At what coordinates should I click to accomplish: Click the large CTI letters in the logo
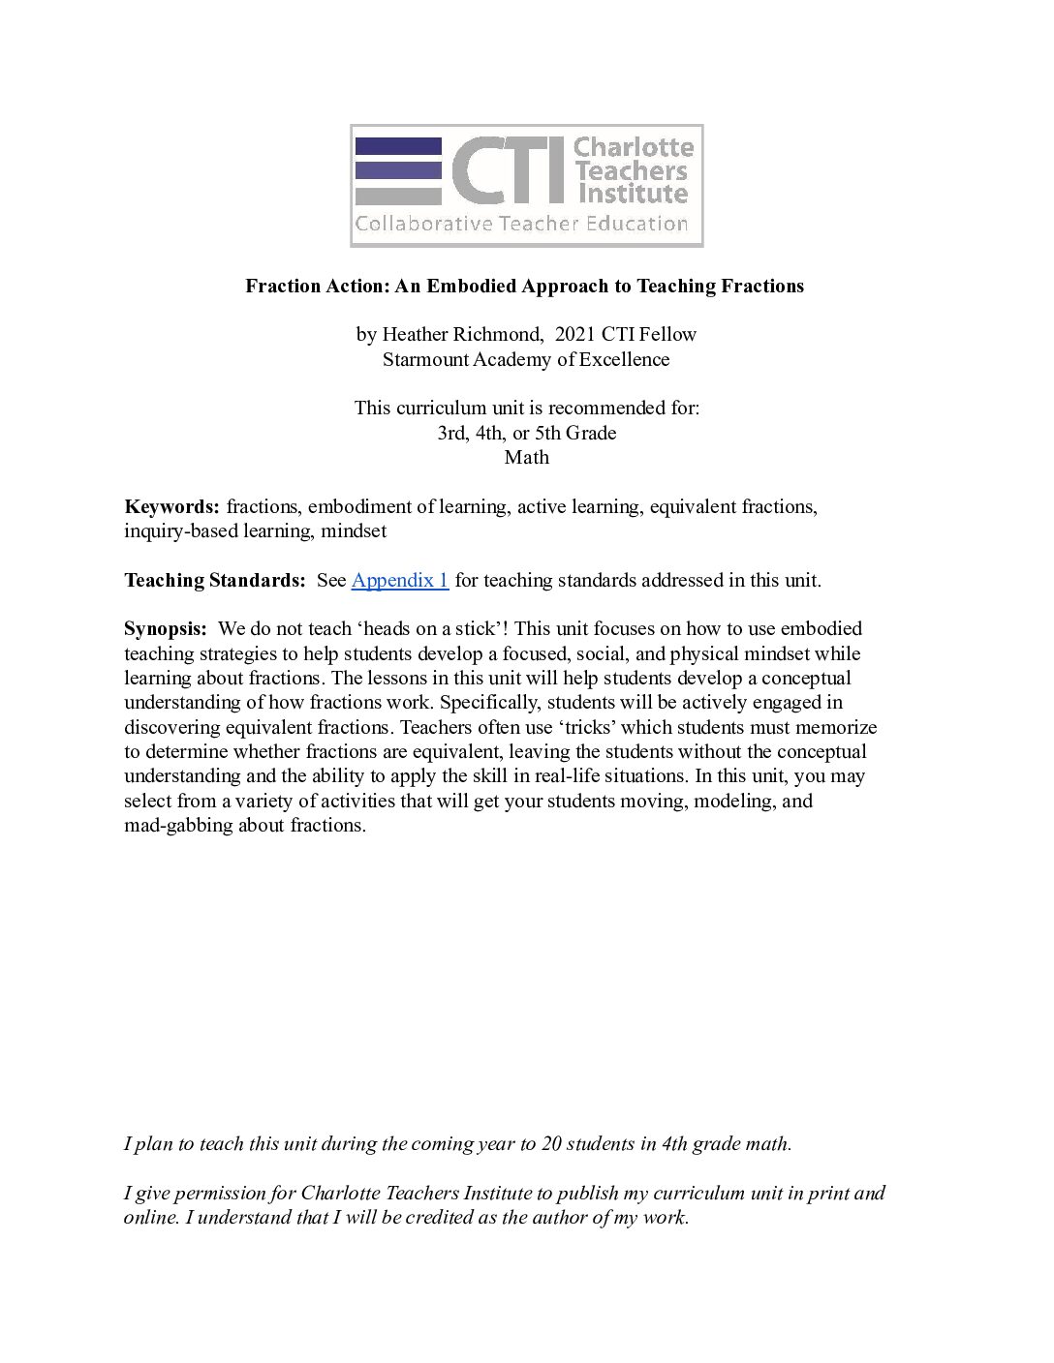point(508,169)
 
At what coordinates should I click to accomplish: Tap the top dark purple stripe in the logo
point(398,145)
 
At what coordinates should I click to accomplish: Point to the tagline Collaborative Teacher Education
point(521,225)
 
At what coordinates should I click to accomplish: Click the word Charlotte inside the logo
point(634,147)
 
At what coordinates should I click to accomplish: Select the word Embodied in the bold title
point(471,286)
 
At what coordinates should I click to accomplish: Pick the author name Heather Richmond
point(461,334)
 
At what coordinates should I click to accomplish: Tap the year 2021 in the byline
point(575,334)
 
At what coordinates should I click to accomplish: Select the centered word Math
point(526,457)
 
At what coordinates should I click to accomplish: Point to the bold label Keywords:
point(172,506)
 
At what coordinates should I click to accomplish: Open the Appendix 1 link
point(399,580)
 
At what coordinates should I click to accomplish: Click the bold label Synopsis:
point(166,628)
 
